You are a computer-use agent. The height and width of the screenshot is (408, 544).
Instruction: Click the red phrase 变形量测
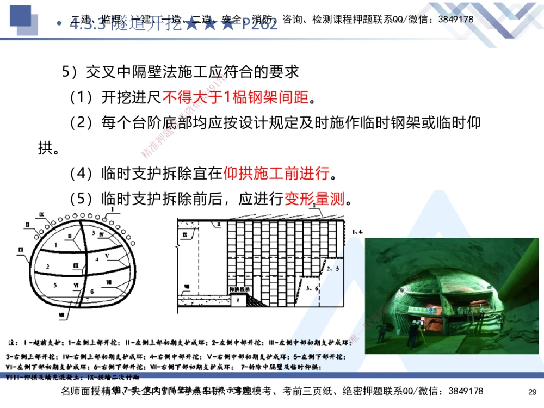(315, 199)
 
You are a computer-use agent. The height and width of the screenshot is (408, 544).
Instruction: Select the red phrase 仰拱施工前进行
(277, 174)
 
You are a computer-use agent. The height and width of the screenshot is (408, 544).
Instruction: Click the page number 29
(533, 392)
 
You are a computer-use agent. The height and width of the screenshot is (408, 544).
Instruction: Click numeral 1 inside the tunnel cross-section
(56, 245)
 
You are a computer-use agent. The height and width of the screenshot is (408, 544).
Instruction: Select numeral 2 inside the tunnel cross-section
(48, 266)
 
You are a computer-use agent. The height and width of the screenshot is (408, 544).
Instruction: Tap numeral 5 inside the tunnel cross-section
(55, 285)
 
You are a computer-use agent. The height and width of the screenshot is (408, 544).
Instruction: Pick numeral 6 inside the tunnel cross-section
(92, 292)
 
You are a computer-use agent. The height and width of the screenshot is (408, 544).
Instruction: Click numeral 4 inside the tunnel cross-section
(97, 259)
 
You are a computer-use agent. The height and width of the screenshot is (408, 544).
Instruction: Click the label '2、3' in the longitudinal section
(333, 268)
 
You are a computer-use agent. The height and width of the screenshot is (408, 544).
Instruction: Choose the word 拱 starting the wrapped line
(45, 148)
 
